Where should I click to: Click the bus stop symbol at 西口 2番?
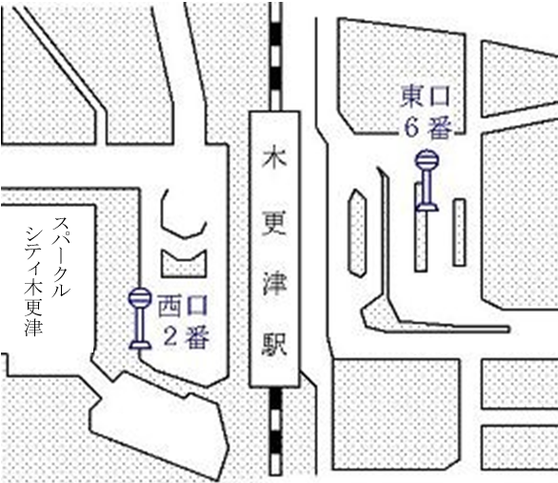(140, 318)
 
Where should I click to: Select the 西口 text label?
(182, 306)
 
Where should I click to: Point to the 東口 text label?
(426, 96)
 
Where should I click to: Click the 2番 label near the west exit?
(186, 336)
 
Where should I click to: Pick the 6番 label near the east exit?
(428, 128)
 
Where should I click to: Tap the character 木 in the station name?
(274, 159)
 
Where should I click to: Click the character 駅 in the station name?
(274, 345)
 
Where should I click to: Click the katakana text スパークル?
(61, 256)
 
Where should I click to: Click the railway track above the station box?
(276, 57)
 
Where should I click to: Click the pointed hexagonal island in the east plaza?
(356, 233)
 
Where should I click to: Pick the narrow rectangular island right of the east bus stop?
(459, 232)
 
